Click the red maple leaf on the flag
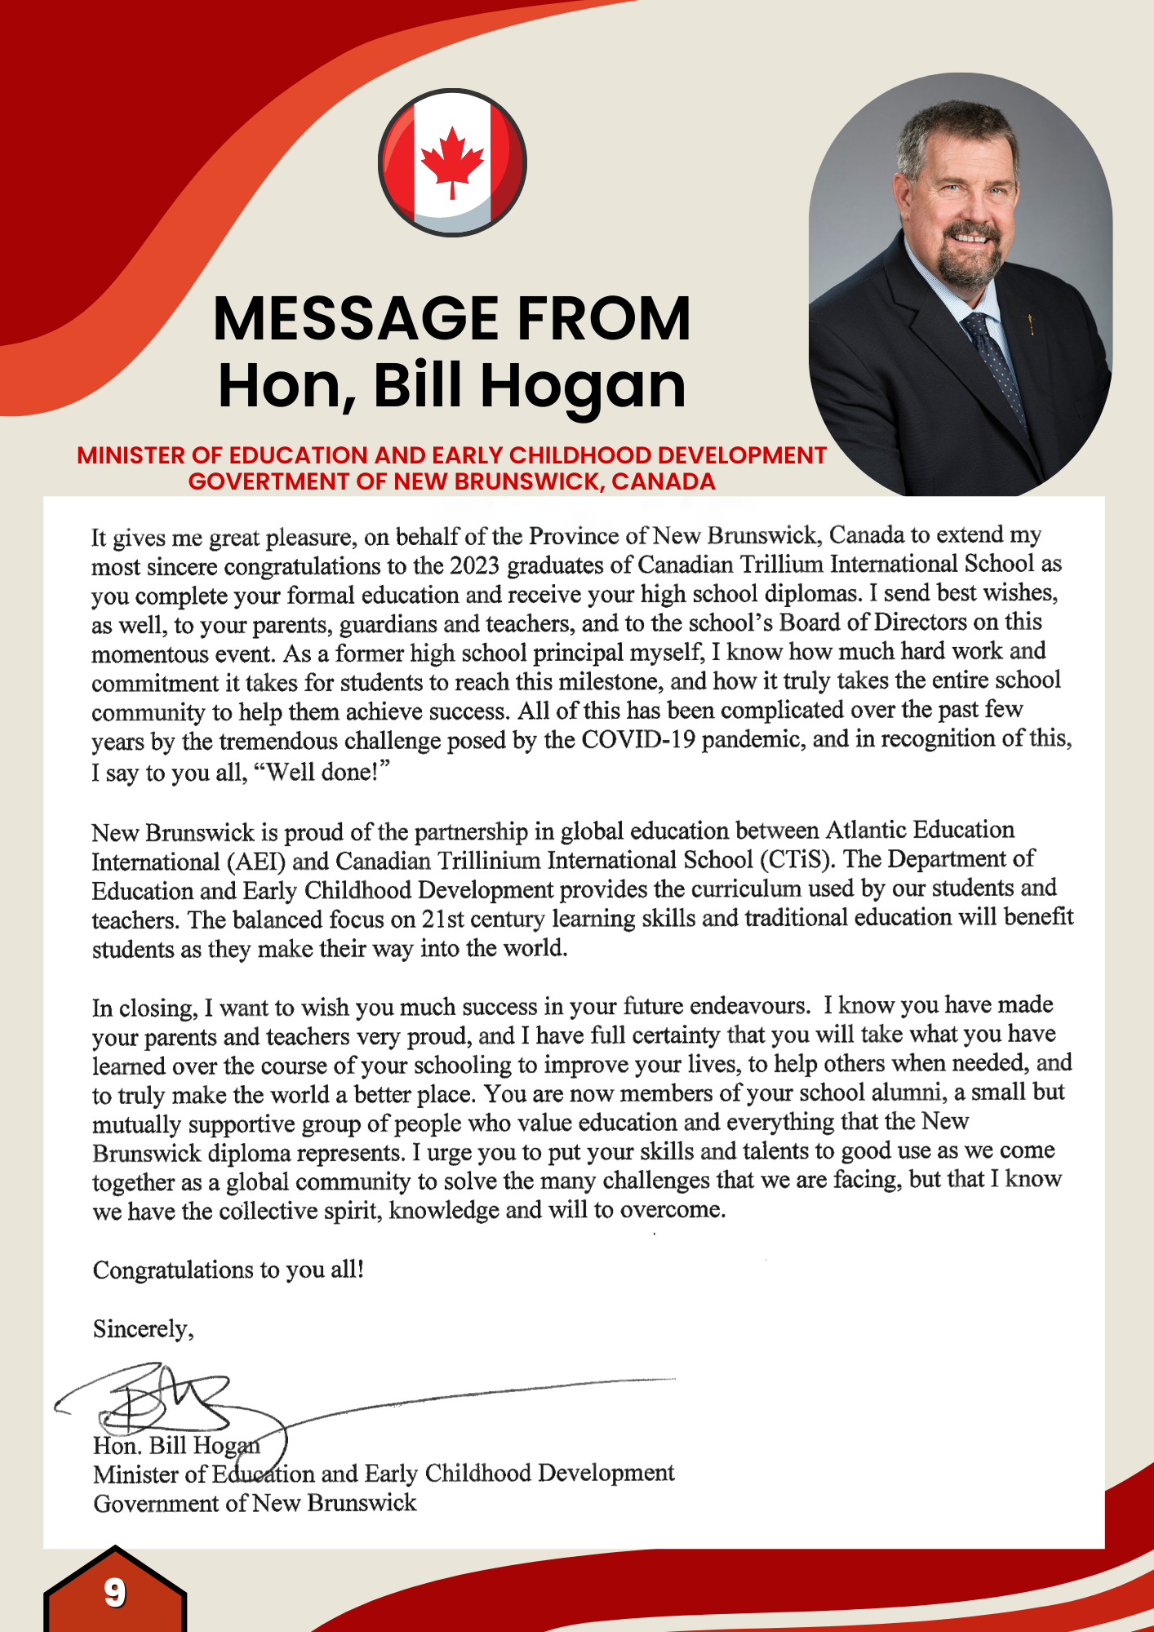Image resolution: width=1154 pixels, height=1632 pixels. pos(452,160)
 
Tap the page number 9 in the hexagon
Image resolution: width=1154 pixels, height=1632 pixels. pos(114,1592)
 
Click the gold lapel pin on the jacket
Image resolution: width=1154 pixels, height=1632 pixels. pos(1031,326)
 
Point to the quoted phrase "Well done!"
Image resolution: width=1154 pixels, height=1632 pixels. pos(323,771)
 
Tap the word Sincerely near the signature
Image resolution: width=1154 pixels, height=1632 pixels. pos(143,1329)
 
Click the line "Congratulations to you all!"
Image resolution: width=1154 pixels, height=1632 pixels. pos(229,1270)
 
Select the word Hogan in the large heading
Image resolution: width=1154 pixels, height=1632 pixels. pos(583,386)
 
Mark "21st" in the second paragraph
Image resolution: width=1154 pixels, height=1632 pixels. pos(442,920)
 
